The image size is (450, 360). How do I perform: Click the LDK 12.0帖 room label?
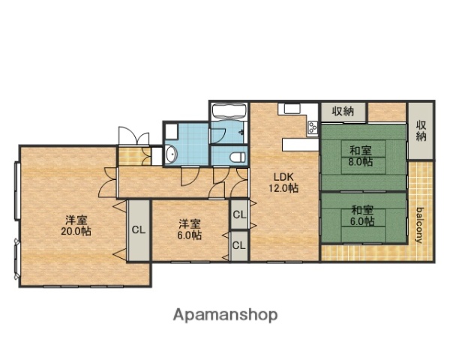(284, 182)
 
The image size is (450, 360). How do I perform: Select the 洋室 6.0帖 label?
(188, 228)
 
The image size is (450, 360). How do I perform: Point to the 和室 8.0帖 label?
(361, 157)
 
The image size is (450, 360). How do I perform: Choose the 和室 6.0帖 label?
(361, 216)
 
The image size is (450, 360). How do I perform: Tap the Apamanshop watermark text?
(225, 315)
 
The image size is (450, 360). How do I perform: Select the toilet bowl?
(238, 156)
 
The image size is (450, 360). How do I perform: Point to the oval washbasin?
(171, 155)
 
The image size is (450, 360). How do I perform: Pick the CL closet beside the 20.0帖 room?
(139, 230)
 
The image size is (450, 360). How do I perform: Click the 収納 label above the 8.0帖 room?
(343, 111)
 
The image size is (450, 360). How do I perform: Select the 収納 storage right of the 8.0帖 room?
(421, 131)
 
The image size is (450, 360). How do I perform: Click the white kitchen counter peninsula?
(299, 144)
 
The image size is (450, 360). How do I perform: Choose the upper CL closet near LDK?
(239, 215)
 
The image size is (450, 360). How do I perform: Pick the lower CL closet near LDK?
(239, 245)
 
